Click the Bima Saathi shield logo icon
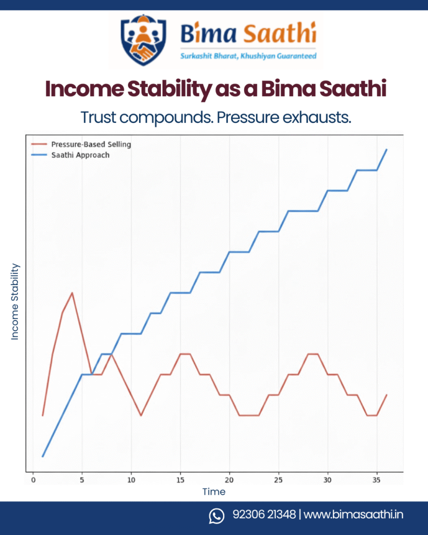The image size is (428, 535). (x=143, y=40)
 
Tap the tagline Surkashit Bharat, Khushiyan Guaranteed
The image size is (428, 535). (x=248, y=56)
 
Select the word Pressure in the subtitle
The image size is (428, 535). (x=249, y=117)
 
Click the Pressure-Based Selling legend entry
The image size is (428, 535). (x=88, y=144)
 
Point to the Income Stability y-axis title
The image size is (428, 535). (x=15, y=301)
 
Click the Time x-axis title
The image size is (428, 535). (x=214, y=492)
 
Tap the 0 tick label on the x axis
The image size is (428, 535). (x=33, y=480)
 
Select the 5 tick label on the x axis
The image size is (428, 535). (x=82, y=480)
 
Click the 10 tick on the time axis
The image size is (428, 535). (x=131, y=480)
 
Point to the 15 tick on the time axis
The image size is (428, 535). (x=180, y=480)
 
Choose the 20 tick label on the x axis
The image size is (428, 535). (x=229, y=480)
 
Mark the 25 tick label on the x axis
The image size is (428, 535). (x=279, y=480)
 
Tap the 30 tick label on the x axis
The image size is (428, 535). (x=328, y=480)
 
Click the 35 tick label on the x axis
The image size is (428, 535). (x=377, y=480)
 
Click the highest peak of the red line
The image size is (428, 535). (x=72, y=293)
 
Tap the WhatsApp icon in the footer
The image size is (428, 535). (x=216, y=516)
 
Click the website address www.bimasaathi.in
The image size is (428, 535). (x=353, y=515)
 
